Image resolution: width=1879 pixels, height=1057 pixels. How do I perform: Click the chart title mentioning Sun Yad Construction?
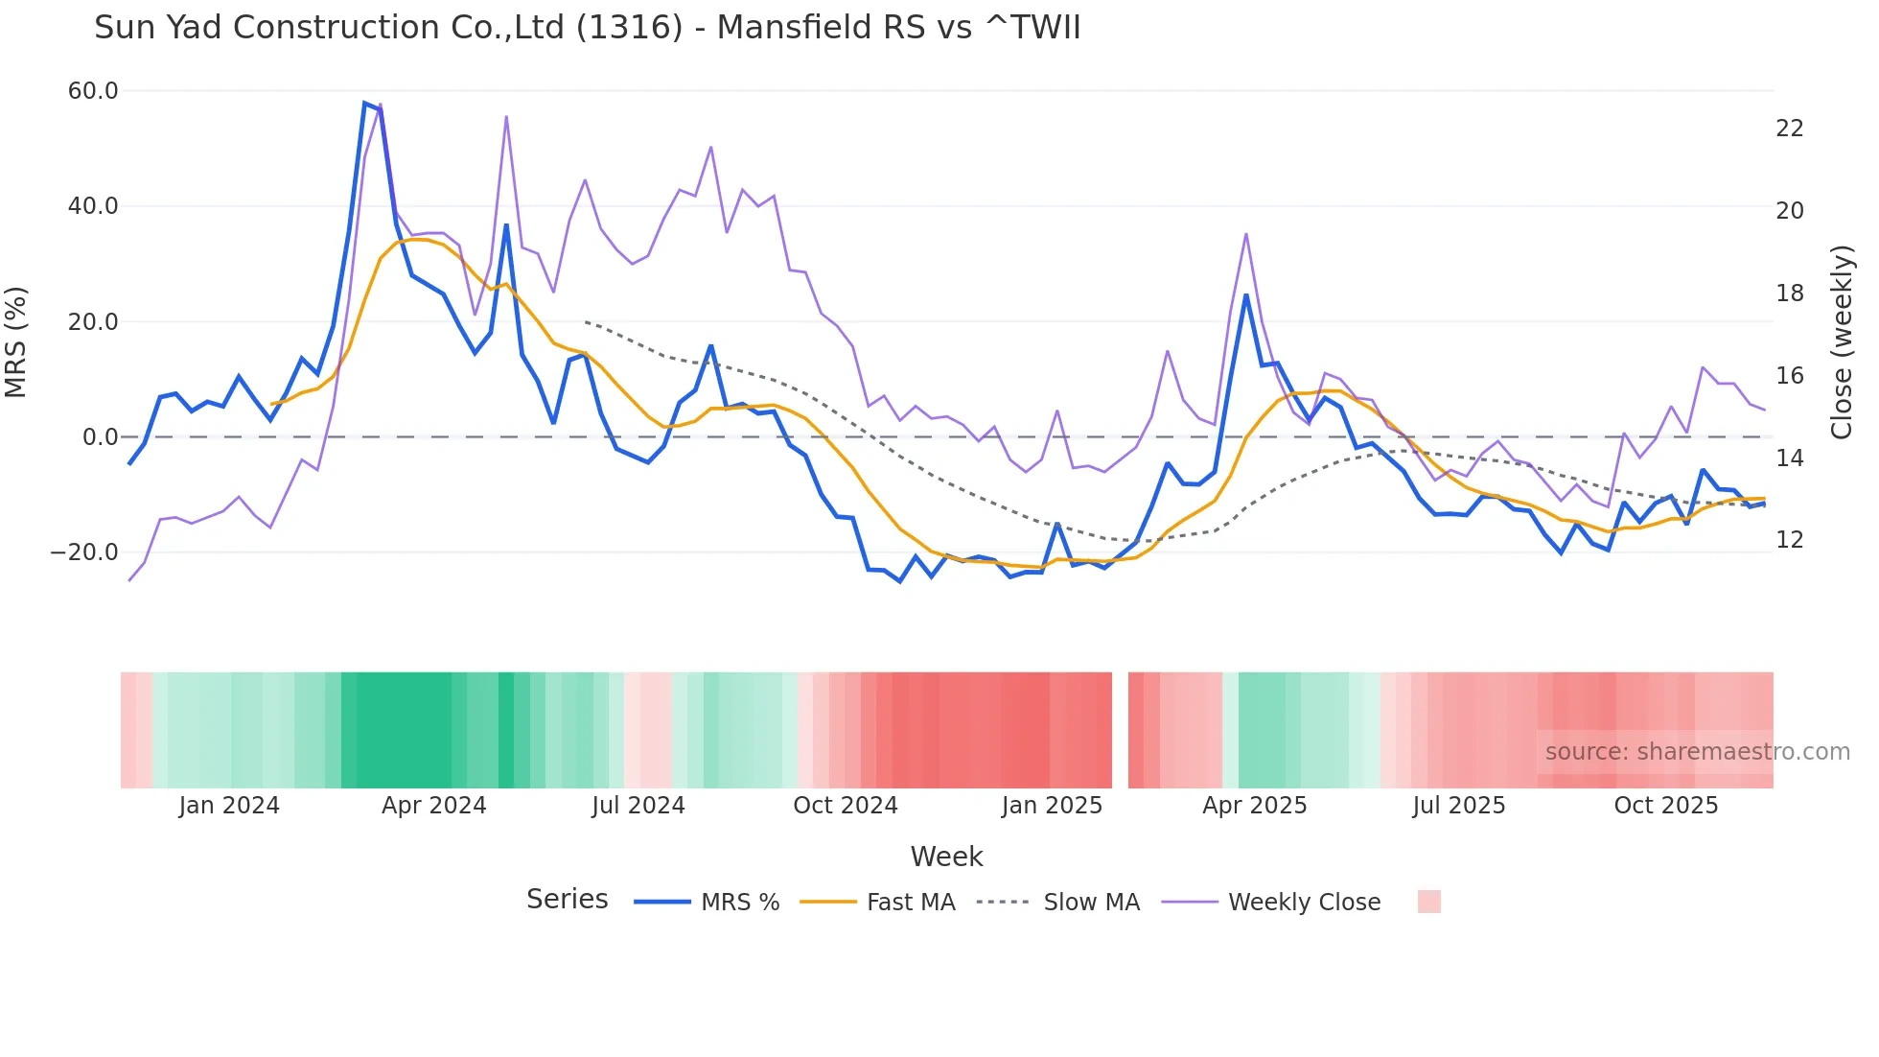(587, 28)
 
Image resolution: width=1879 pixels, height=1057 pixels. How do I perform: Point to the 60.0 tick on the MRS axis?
(93, 91)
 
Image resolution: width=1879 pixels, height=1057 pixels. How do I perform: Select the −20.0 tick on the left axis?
(84, 552)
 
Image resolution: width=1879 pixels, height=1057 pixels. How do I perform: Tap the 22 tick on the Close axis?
(1789, 129)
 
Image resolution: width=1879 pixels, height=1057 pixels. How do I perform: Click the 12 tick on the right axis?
(1789, 540)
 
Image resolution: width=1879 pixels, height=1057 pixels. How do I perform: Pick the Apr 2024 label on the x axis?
(433, 806)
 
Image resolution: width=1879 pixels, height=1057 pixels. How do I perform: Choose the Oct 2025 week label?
(1665, 806)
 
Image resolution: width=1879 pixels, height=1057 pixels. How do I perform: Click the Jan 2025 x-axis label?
(1052, 806)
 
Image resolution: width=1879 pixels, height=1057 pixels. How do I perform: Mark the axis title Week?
(946, 857)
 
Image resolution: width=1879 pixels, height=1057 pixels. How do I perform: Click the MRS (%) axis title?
(16, 341)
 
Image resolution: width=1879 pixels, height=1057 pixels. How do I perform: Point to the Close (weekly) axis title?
(1841, 341)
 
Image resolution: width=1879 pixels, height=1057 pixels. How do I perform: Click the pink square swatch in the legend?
(1428, 902)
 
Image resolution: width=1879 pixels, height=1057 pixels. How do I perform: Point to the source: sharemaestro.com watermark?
(1697, 752)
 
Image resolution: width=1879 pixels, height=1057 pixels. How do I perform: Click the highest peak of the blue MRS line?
(365, 103)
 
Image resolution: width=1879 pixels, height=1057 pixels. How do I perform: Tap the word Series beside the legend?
(567, 900)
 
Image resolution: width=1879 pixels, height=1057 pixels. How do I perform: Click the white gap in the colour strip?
(1120, 730)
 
